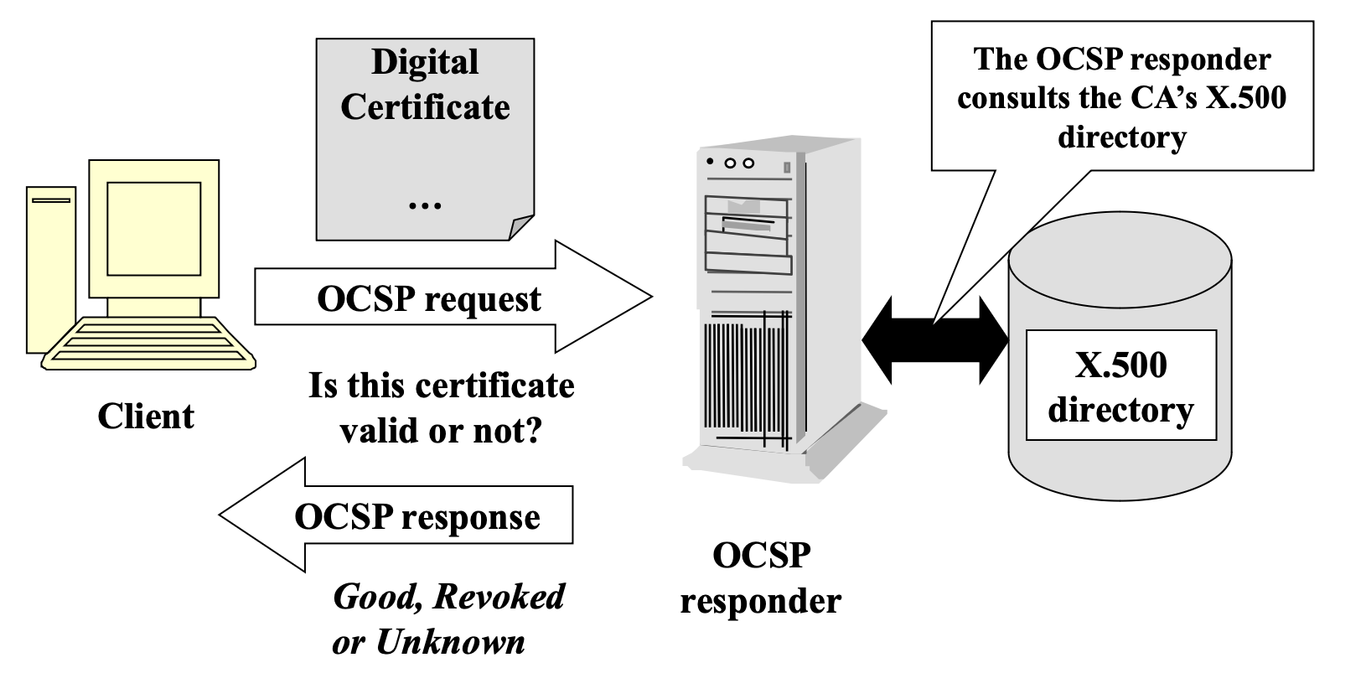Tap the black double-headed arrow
click(935, 340)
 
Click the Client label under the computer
click(146, 417)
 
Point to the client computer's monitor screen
click(154, 228)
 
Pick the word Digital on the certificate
click(425, 62)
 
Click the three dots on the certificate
click(425, 204)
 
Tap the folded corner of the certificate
click(521, 227)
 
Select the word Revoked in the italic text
click(499, 597)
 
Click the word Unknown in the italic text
click(450, 643)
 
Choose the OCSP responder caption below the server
click(761, 577)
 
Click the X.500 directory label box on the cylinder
click(1120, 386)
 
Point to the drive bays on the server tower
click(748, 235)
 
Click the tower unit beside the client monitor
click(50, 268)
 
